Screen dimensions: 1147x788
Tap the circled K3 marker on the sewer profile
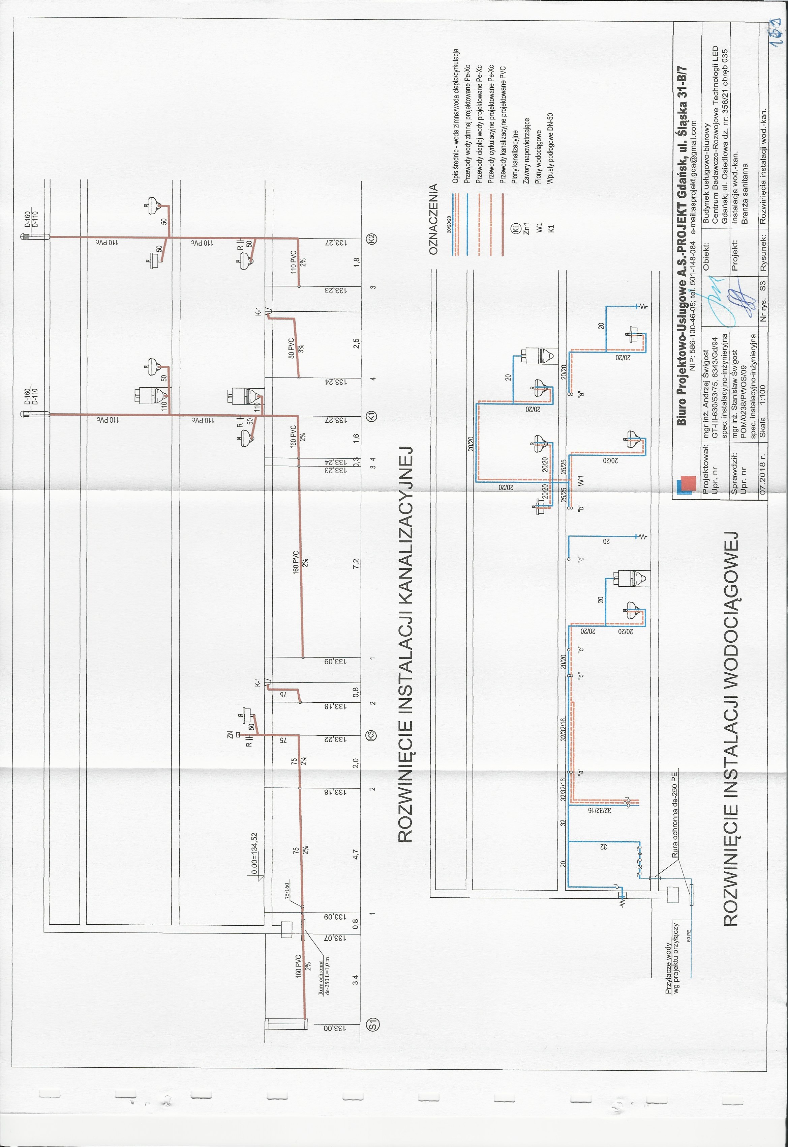[x=373, y=735]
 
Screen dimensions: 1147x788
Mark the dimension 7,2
[x=356, y=564]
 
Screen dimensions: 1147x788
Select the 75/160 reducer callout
[x=286, y=888]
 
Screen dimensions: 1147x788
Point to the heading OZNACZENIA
[x=433, y=219]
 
